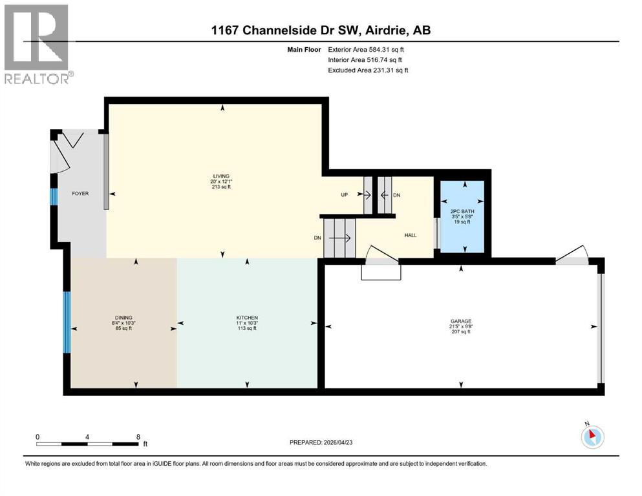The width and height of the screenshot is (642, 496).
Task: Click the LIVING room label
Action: click(x=222, y=176)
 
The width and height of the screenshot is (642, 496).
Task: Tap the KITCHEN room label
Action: click(x=247, y=318)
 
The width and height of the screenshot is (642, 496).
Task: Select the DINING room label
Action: click(x=123, y=318)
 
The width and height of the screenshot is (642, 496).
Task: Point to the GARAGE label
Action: click(x=461, y=321)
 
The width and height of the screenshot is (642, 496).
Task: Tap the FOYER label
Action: click(x=80, y=193)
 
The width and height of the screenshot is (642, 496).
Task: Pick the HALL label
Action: click(x=410, y=235)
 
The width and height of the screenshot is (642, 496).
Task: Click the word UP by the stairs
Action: click(x=345, y=194)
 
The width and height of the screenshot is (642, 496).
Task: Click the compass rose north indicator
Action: click(x=592, y=437)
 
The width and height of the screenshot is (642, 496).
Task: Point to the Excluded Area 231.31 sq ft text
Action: click(x=368, y=70)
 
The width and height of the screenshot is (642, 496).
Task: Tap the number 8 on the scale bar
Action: click(x=138, y=436)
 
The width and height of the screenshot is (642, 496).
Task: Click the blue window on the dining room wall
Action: click(x=67, y=322)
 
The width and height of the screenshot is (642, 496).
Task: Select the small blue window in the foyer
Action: click(x=55, y=196)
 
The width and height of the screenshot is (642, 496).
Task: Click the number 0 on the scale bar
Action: click(x=37, y=436)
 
